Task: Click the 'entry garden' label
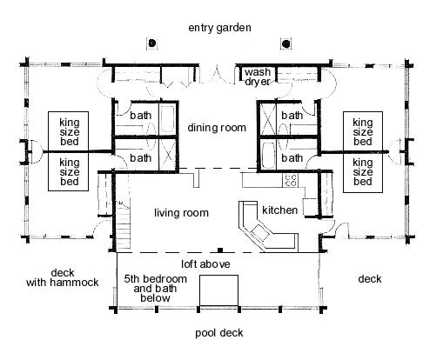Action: [x=219, y=28]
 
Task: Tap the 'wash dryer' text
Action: [x=258, y=77]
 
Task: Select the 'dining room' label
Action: [x=217, y=128]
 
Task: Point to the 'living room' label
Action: [x=181, y=213]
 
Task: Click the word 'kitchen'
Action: [x=280, y=210]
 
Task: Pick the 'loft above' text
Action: [x=205, y=264]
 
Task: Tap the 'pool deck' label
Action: [x=219, y=333]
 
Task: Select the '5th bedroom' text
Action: [x=156, y=279]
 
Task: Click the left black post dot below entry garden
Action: [x=151, y=43]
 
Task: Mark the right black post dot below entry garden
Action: [x=286, y=43]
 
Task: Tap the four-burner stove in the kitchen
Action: [x=290, y=180]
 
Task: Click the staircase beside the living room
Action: [x=123, y=226]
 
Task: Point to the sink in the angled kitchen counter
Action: [x=260, y=232]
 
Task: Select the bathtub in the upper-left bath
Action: [x=167, y=119]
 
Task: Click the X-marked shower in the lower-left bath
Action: [x=168, y=155]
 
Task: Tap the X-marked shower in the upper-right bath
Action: [x=268, y=119]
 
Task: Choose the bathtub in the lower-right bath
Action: [x=268, y=155]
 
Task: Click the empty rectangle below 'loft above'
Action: [x=219, y=290]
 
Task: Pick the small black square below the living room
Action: [x=220, y=250]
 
